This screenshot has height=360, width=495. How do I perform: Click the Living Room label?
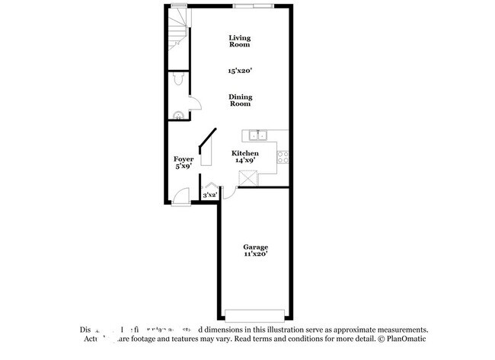click(x=240, y=41)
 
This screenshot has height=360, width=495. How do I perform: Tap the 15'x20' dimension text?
click(x=240, y=71)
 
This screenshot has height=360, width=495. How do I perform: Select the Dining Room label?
click(x=240, y=100)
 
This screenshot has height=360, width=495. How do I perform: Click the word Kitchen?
click(x=245, y=153)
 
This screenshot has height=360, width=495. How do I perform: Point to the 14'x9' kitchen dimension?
click(x=245, y=161)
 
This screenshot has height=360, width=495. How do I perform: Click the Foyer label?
click(x=184, y=158)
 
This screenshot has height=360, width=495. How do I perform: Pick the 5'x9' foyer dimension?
click(x=184, y=166)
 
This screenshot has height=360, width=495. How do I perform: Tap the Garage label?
click(x=255, y=247)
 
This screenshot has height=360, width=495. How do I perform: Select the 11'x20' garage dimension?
click(x=255, y=255)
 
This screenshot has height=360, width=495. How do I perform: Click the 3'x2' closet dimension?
click(x=210, y=196)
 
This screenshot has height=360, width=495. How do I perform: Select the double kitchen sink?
click(x=257, y=136)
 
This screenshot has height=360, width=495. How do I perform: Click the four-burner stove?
click(x=283, y=157)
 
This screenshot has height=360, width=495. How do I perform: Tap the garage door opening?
click(x=255, y=314)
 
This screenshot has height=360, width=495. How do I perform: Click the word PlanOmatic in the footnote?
click(x=407, y=338)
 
